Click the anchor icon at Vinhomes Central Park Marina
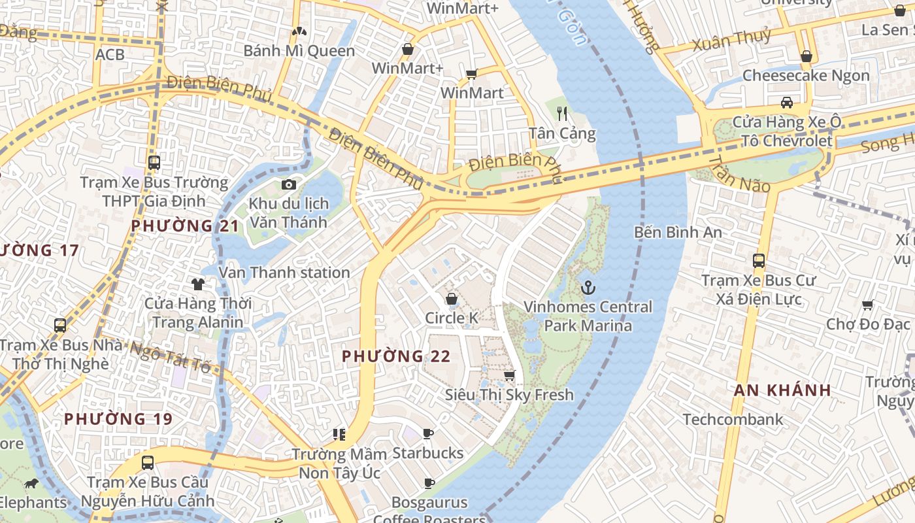tap(588, 288)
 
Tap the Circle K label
tap(452, 318)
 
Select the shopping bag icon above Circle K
tap(451, 299)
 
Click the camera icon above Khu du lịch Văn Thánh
tap(288, 185)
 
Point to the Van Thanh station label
tap(284, 273)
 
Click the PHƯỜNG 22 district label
tap(396, 356)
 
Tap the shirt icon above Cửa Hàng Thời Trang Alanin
tap(197, 284)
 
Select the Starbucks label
tap(427, 453)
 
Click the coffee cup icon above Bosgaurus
tap(429, 484)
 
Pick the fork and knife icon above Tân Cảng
tap(562, 114)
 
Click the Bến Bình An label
tap(678, 232)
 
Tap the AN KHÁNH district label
tap(782, 390)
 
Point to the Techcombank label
tap(733, 419)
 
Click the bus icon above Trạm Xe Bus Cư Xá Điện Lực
tap(758, 261)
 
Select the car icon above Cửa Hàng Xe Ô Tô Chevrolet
tap(787, 103)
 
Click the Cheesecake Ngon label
tap(806, 75)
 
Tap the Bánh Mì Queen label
tap(299, 50)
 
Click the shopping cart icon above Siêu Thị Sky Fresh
tap(509, 375)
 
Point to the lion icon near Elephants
tap(31, 484)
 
